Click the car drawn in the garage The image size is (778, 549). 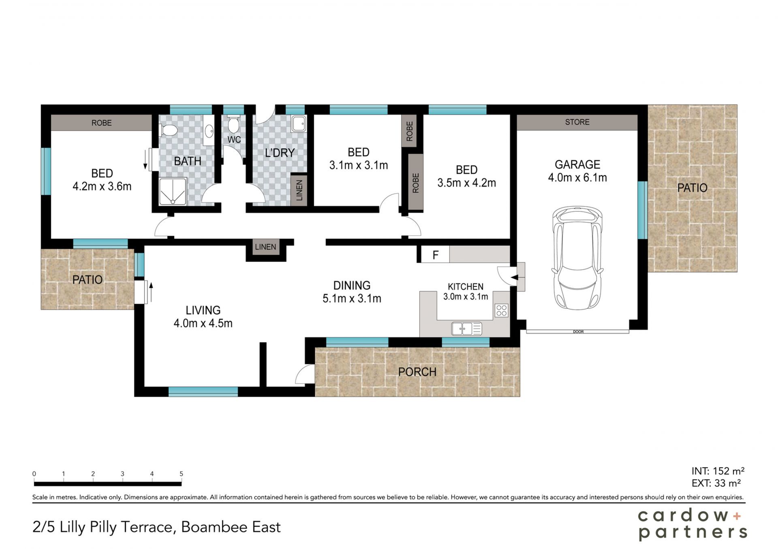[577, 258]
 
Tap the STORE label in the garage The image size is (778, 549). [577, 122]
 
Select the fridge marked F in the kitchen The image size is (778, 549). [435, 255]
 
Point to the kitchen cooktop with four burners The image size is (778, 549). [502, 310]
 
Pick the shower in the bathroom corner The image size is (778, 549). [173, 191]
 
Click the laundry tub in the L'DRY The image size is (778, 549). [299, 123]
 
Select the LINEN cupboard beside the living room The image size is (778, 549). [265, 247]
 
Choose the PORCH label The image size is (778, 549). [417, 372]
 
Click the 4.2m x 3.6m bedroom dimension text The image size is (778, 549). [102, 186]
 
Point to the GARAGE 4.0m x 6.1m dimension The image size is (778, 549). [577, 177]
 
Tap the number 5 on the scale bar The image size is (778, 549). [181, 474]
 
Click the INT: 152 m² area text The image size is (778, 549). [718, 471]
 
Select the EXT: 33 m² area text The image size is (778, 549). [716, 483]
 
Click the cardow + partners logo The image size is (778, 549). [692, 524]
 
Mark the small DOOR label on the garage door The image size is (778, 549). [578, 332]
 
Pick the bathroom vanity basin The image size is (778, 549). [209, 131]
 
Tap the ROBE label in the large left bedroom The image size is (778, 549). [101, 123]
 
